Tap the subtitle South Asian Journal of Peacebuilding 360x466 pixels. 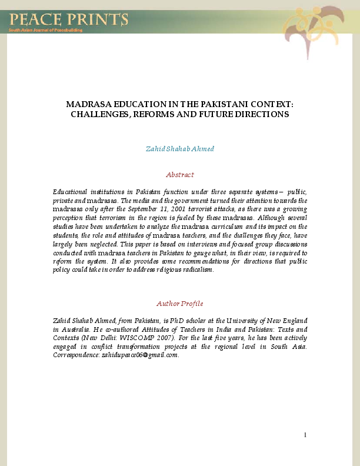[45, 30]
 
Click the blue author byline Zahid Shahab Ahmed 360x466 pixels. [180, 148]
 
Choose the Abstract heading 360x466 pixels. [180, 175]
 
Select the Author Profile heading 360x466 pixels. [180, 304]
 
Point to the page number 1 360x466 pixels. [305, 435]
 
